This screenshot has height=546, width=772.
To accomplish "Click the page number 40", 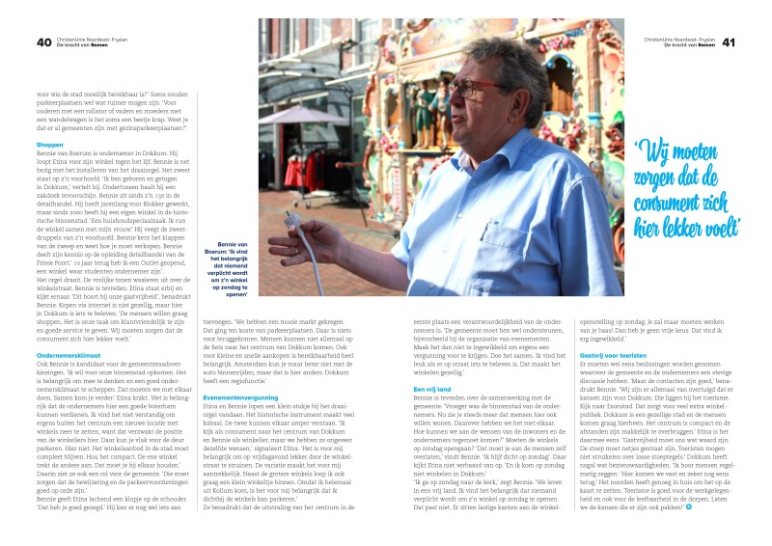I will (x=44, y=42).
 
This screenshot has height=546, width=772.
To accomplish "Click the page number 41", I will (x=729, y=42).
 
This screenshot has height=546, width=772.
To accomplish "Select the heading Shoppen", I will (x=50, y=145).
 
